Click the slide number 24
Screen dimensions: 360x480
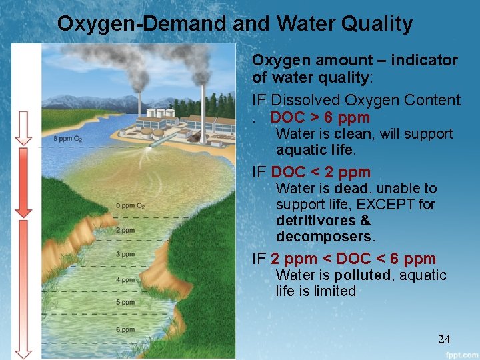click(444, 339)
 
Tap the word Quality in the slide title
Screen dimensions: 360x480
click(377, 24)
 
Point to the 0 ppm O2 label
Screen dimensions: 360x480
click(130, 205)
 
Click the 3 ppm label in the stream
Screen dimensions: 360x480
click(125, 255)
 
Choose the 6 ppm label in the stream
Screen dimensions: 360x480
click(125, 329)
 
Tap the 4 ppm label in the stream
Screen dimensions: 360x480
click(125, 280)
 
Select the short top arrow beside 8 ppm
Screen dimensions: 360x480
click(24, 128)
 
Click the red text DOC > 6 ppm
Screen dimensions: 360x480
click(320, 118)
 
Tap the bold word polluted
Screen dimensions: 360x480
click(362, 275)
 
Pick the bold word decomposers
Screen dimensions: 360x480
click(324, 237)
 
